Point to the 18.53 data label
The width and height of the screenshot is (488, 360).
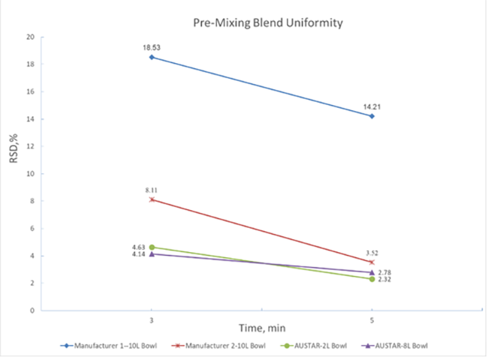[x=152, y=47]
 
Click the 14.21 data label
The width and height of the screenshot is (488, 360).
[x=372, y=106]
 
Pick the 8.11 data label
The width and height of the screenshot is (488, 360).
[x=152, y=190]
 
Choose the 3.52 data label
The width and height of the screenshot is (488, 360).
[x=372, y=253]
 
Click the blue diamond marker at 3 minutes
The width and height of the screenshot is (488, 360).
[x=152, y=57]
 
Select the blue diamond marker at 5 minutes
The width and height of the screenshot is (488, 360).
[x=372, y=116]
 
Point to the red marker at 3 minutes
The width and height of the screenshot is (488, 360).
[x=152, y=199]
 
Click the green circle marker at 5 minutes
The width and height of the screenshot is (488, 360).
[x=372, y=279]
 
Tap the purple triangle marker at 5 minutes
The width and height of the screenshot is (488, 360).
[x=372, y=272]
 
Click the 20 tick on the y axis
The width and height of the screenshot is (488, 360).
[x=30, y=37]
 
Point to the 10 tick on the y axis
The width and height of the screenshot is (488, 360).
[x=30, y=174]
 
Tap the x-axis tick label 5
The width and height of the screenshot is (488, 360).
[x=372, y=318]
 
